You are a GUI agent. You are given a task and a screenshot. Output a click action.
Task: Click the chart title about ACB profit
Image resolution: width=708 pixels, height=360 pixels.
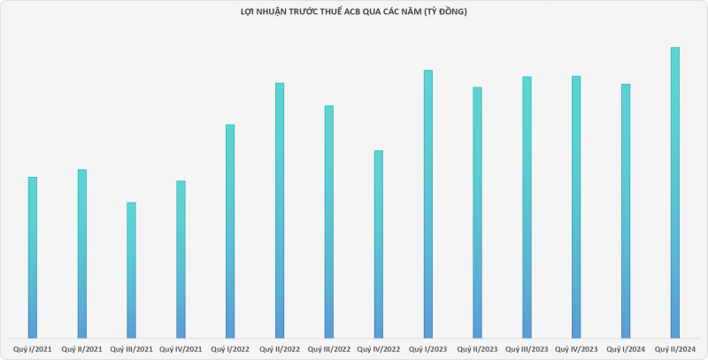pyautogui.click(x=354, y=11)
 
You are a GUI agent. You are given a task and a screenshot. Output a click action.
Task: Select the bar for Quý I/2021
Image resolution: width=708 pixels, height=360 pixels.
pyautogui.click(x=33, y=257)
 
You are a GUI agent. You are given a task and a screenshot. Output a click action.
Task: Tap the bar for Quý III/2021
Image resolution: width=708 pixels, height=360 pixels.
pyautogui.click(x=131, y=270)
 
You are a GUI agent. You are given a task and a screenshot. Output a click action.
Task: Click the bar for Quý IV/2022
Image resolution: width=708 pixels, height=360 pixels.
pyautogui.click(x=379, y=243)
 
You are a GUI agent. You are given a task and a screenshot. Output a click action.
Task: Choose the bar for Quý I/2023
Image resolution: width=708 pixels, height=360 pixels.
pyautogui.click(x=428, y=203)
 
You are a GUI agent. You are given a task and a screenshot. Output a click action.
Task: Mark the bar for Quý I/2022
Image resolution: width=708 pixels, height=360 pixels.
pyautogui.click(x=230, y=230)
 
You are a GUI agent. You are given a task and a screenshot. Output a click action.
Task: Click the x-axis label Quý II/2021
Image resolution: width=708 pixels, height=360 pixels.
pyautogui.click(x=82, y=349)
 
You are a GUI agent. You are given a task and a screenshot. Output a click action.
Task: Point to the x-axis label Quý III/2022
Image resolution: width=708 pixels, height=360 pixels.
pyautogui.click(x=329, y=349)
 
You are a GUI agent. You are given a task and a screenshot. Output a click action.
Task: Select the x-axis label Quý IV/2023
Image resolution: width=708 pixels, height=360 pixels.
pyautogui.click(x=576, y=349)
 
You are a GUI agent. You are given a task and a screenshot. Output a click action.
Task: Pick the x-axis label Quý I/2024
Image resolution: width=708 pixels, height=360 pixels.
pyautogui.click(x=626, y=349)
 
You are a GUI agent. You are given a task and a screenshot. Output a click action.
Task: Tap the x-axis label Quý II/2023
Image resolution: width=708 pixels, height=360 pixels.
pyautogui.click(x=478, y=349)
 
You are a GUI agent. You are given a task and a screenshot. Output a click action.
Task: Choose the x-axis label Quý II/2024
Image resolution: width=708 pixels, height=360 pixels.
pyautogui.click(x=675, y=349)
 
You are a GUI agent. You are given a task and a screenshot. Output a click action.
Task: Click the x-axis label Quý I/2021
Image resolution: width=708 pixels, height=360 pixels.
pyautogui.click(x=33, y=349)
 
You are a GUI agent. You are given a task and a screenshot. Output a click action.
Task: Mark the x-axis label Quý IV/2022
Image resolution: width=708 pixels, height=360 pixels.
pyautogui.click(x=379, y=349)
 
